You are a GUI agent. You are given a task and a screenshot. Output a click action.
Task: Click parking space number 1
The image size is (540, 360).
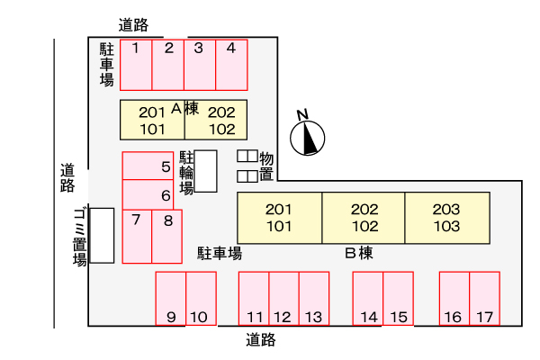tap(136, 65)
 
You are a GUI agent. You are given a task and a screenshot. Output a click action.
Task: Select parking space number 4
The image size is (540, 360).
tap(231, 65)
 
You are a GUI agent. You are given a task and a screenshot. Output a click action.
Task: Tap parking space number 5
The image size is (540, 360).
tap(148, 166)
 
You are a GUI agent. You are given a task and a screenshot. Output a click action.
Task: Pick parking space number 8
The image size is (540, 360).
tap(167, 237)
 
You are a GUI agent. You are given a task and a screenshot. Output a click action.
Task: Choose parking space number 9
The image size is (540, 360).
tap(171, 299)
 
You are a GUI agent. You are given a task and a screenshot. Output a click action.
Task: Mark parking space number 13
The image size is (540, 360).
tap(314, 299)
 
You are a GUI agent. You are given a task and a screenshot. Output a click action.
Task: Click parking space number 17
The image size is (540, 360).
tap(484, 299)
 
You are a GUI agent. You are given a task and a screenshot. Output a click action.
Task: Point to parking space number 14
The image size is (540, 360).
tap(368, 299)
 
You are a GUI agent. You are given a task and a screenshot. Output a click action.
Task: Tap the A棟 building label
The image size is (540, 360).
tap(184, 109)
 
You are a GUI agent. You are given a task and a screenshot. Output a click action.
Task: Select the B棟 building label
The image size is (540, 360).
tap(359, 253)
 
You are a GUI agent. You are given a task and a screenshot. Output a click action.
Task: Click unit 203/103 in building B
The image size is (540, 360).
tap(447, 218)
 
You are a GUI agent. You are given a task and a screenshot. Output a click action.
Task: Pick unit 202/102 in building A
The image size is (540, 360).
tap(216, 120)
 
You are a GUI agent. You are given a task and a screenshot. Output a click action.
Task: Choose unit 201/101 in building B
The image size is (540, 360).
tap(280, 218)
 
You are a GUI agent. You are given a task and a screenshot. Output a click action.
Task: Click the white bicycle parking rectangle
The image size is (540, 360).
tap(205, 171)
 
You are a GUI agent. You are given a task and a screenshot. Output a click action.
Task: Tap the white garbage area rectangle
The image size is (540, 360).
tap(102, 236)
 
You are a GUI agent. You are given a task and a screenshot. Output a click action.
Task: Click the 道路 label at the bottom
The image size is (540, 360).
tap(261, 340)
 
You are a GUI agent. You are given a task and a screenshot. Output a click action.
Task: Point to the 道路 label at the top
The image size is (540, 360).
tap(133, 25)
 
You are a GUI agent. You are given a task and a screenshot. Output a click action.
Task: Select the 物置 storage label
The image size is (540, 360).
tap(266, 166)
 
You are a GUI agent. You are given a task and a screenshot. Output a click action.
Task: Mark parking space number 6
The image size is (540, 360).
tap(148, 194)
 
